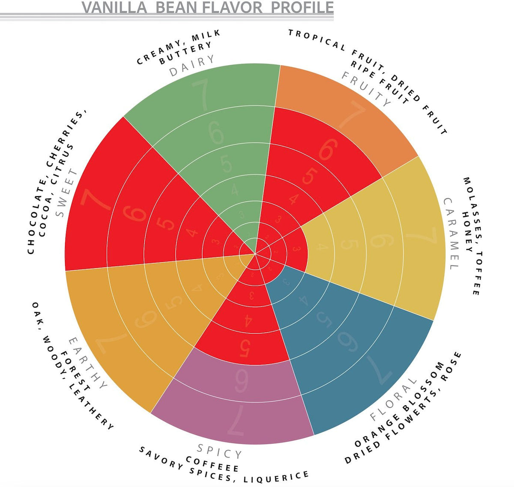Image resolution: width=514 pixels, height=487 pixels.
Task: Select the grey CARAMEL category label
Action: click(451, 234)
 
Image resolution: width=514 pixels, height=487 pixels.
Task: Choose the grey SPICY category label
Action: click(219, 451)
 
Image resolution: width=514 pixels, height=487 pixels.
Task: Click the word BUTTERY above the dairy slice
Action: click(185, 53)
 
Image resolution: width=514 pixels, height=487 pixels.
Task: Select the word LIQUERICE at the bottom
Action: click(276, 477)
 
